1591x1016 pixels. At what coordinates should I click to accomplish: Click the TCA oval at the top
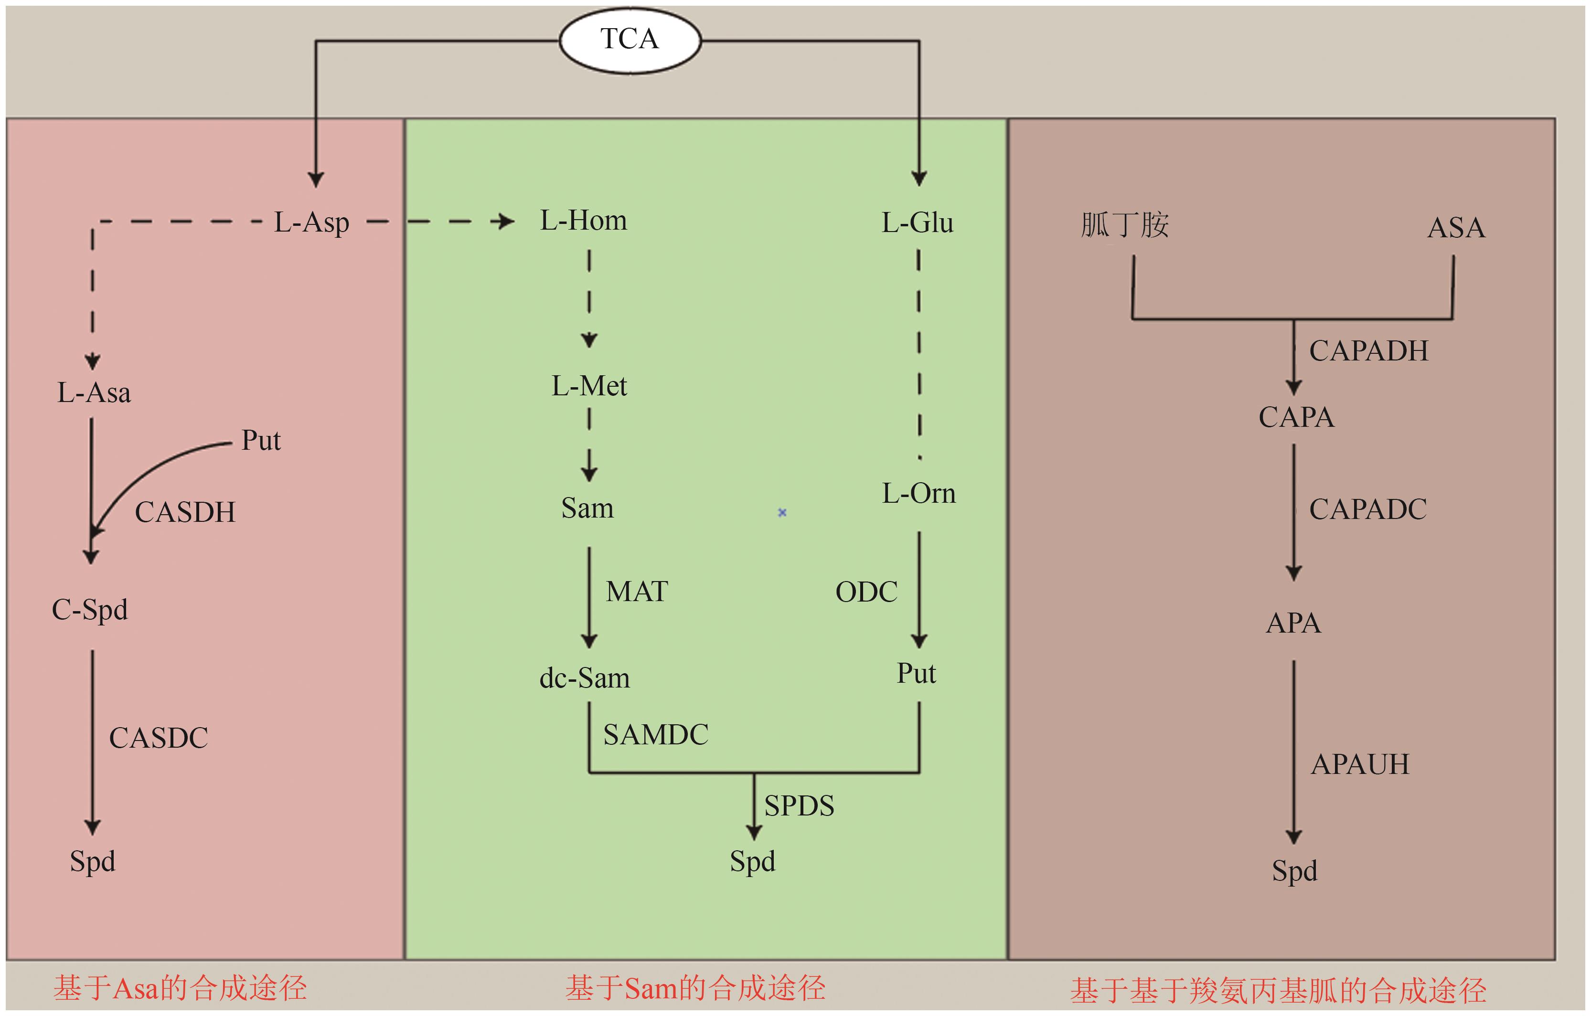point(630,40)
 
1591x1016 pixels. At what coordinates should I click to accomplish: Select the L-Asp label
point(311,222)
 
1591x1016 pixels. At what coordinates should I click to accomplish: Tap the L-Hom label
point(583,221)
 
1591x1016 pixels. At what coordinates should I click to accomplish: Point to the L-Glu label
point(917,222)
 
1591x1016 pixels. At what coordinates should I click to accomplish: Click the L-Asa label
point(94,393)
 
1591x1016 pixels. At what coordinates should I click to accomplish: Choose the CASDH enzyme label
point(185,512)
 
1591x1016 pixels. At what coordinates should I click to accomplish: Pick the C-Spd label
point(90,610)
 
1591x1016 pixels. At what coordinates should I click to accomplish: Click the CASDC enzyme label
point(159,738)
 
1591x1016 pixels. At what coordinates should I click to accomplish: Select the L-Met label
point(589,386)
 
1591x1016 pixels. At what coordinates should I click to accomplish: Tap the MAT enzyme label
point(637,591)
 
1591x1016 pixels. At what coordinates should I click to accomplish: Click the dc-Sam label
point(585,678)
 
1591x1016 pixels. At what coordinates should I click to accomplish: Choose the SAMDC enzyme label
point(655,735)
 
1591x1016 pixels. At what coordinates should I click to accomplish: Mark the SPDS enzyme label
point(799,806)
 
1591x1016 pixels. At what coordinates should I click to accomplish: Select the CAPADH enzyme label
point(1368,351)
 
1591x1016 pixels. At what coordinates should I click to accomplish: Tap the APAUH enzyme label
point(1360,764)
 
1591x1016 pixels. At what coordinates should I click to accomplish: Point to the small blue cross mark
point(782,512)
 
